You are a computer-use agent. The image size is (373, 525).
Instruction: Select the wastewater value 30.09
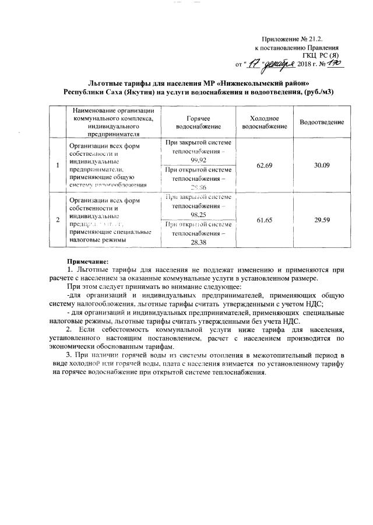322,166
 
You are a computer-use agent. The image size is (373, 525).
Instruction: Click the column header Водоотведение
322,122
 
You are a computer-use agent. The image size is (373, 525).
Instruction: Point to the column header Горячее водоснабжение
199,122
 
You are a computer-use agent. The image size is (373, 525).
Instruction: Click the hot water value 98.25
199,215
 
